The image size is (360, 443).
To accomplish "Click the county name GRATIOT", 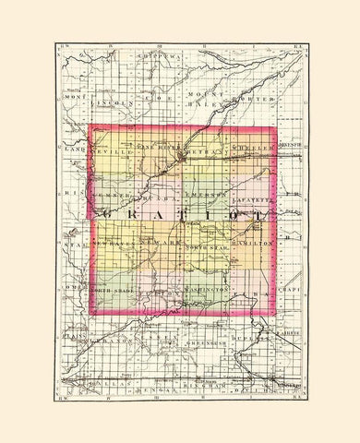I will tap(180, 213).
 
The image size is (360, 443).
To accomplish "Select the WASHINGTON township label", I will tap(208, 291).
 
